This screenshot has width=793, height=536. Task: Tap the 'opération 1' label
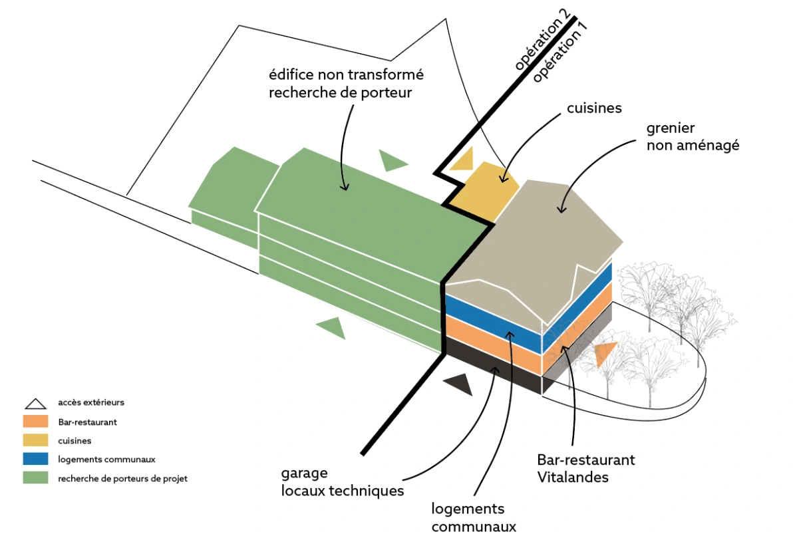click(560, 52)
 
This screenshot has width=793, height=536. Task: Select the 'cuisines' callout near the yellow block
click(594, 108)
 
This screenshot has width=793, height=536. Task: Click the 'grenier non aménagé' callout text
click(693, 136)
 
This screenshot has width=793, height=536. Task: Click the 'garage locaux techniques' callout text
click(343, 482)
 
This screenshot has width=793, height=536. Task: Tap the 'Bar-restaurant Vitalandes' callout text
click(585, 468)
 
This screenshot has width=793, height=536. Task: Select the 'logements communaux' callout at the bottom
click(474, 517)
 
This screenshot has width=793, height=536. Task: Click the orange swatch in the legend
click(35, 422)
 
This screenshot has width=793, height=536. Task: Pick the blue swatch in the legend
click(35, 459)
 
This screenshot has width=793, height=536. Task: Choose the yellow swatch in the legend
click(35, 440)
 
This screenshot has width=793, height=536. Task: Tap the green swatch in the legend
click(35, 477)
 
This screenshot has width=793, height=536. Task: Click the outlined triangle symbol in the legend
click(35, 404)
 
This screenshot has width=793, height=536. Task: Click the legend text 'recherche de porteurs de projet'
click(122, 478)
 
